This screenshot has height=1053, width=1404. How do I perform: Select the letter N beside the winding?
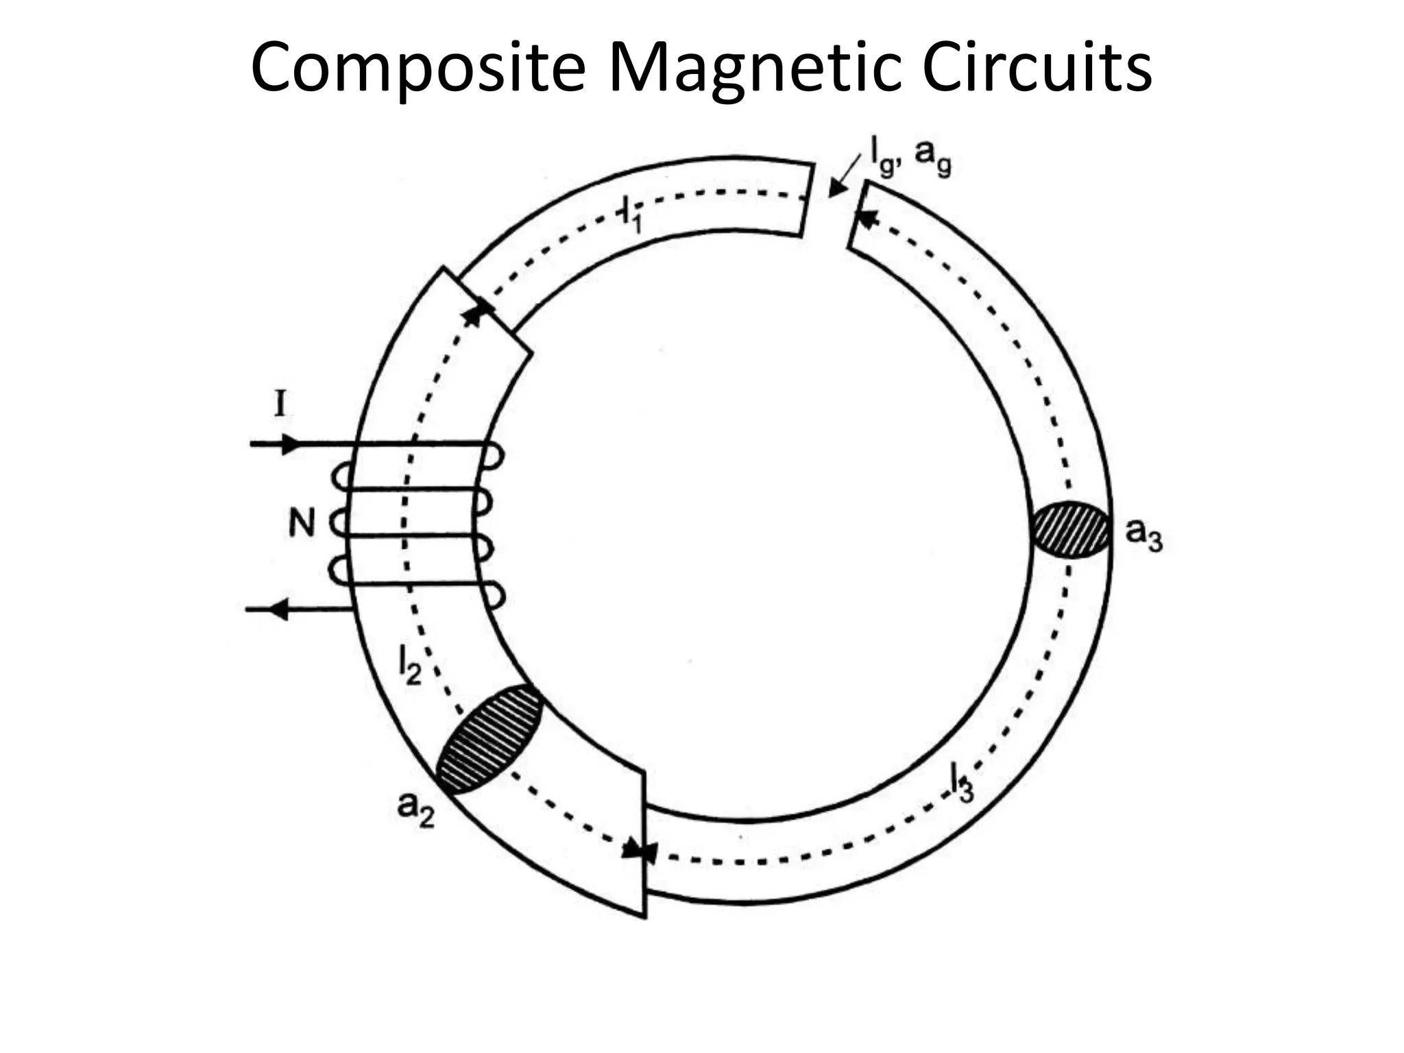[301, 524]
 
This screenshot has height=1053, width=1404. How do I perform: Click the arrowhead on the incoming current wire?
[292, 444]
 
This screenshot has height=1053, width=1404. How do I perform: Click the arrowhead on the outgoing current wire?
[277, 609]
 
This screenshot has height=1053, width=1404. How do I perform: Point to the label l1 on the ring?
[631, 215]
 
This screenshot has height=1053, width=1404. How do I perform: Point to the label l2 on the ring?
[409, 665]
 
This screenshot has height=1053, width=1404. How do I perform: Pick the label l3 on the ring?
[961, 782]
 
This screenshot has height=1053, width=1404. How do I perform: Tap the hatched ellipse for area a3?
[1071, 530]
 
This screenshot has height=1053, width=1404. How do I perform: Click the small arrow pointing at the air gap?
[839, 182]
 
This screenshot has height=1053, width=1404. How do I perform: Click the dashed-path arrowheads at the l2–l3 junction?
[640, 851]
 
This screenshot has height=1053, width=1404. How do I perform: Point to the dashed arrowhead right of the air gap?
[867, 220]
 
